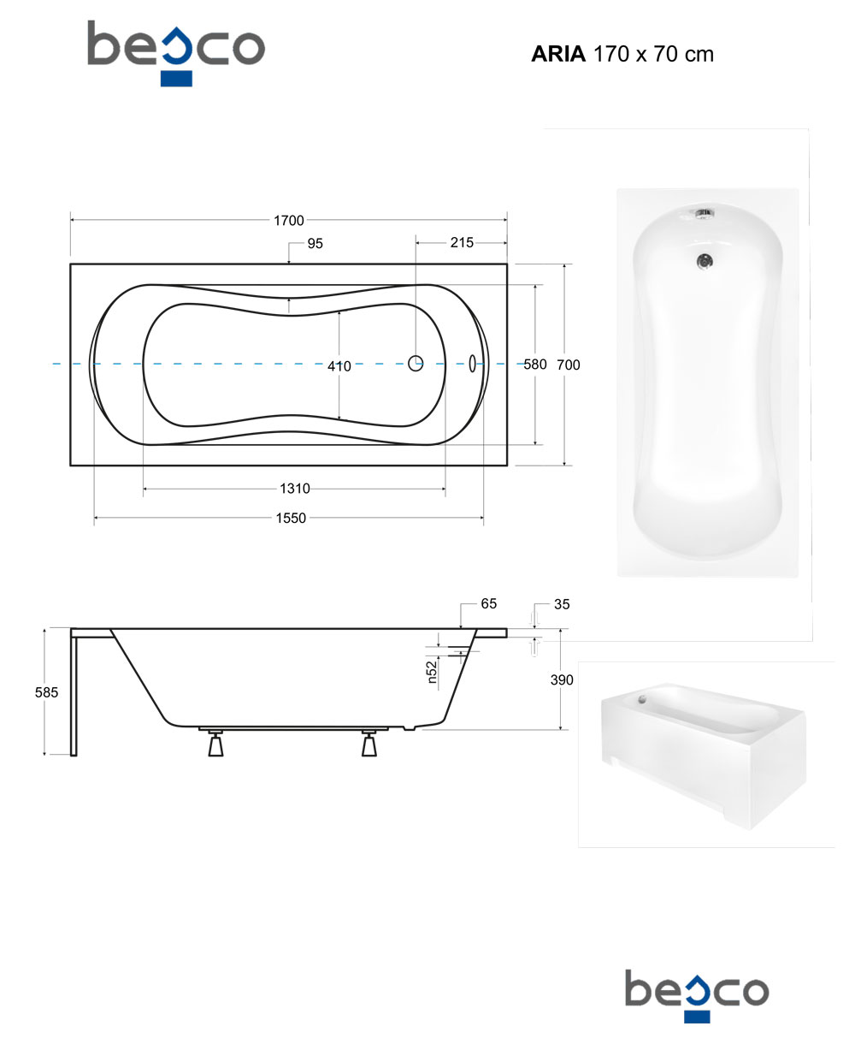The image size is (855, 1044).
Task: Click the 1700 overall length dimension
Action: point(289,220)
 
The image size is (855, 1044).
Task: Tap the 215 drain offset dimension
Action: point(462,242)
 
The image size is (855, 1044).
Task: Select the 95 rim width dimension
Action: point(315,244)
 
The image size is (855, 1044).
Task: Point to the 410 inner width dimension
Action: point(339,366)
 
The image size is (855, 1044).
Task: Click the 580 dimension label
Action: point(535,365)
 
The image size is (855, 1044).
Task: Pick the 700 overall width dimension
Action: point(569,365)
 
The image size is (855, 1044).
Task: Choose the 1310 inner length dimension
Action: point(295,489)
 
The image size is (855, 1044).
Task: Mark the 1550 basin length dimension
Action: point(291,518)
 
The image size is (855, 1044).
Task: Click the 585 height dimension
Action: point(46,692)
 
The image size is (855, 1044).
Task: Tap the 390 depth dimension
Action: point(562,680)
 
